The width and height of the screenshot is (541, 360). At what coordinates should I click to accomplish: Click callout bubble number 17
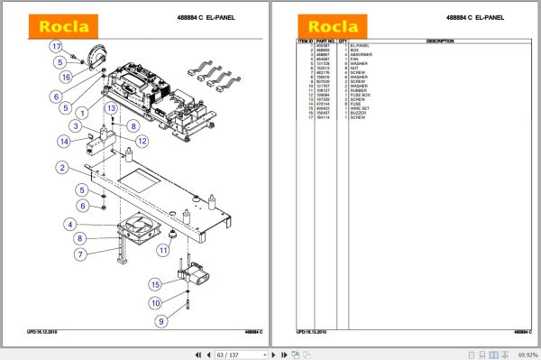55,46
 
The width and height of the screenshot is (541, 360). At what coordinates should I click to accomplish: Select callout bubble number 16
66,78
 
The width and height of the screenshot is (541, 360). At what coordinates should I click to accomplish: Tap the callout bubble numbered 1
82,113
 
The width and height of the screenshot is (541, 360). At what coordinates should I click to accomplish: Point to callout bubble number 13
111,108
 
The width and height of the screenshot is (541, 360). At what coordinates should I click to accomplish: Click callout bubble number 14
65,141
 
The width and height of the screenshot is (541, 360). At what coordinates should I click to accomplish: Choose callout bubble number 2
61,167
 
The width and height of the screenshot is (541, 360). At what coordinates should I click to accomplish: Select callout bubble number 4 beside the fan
69,224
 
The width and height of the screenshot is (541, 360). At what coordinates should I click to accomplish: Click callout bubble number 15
155,285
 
